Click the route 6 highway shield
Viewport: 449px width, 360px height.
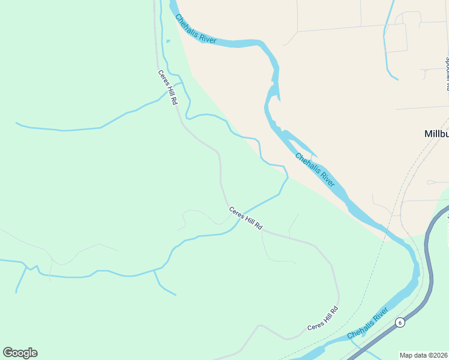coord(400,322)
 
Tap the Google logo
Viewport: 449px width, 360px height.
coord(20,353)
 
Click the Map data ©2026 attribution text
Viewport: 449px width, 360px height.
coord(424,355)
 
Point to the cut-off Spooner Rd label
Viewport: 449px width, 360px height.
coord(447,73)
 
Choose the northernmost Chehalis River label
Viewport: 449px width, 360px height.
coord(195,28)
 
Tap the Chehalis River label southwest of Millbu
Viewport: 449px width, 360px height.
coord(315,169)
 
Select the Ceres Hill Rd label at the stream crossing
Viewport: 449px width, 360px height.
coord(246,219)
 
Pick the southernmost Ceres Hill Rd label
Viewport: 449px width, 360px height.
coord(323,318)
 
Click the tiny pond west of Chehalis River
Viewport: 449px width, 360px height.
coord(167,41)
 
